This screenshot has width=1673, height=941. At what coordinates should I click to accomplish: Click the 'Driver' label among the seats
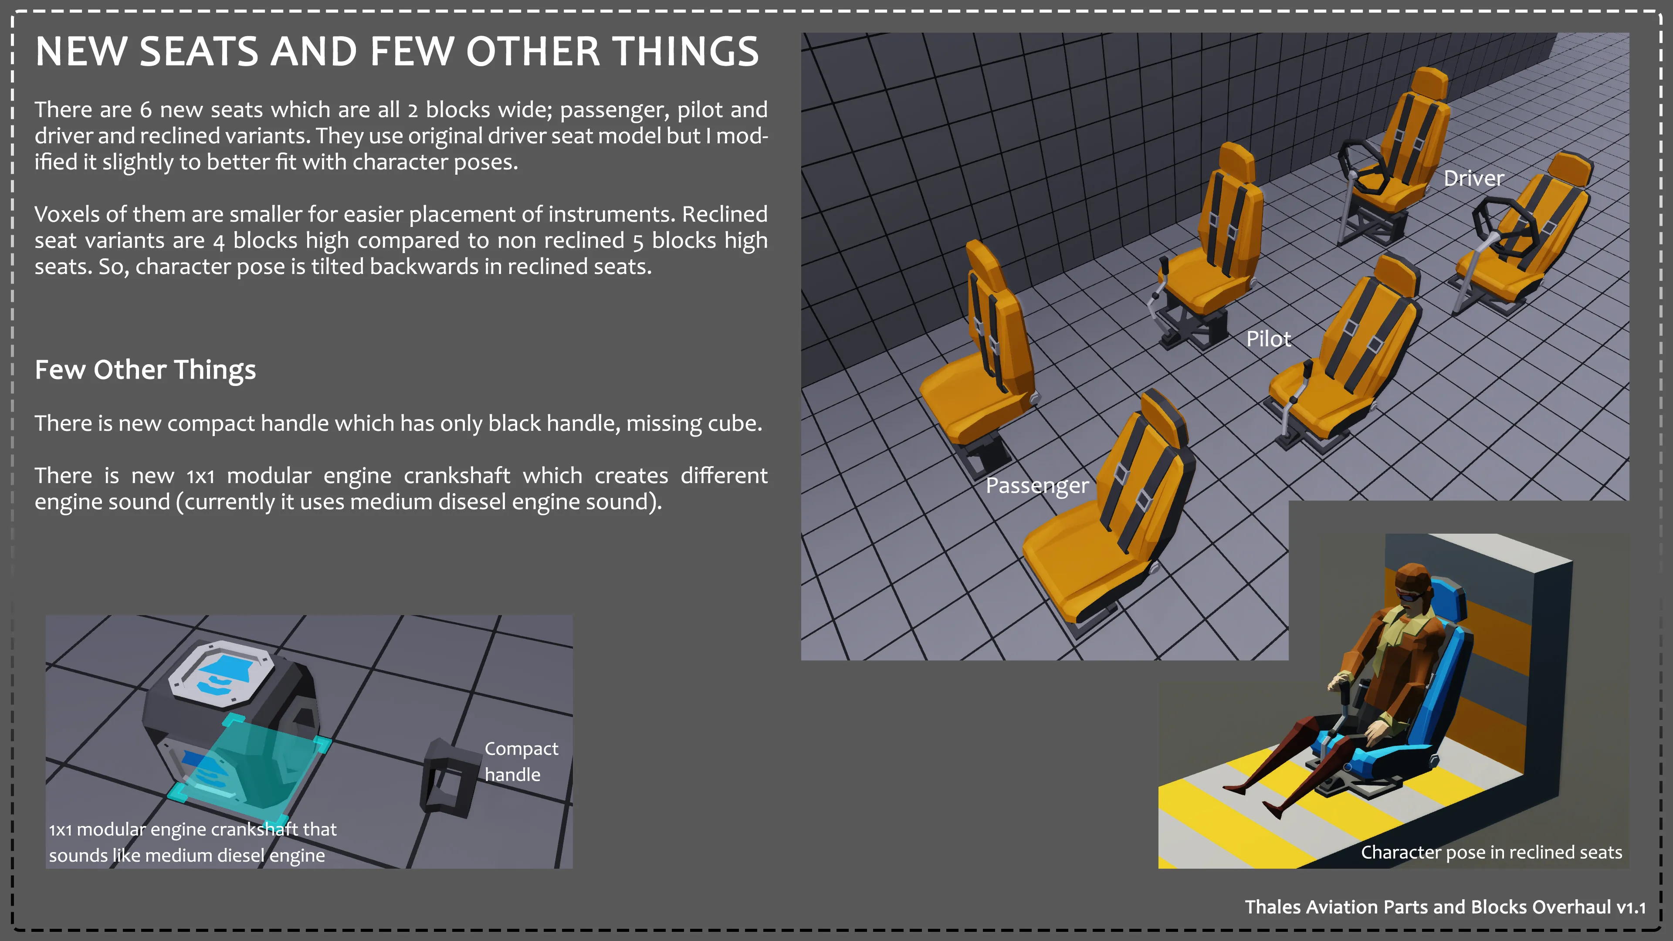(1473, 179)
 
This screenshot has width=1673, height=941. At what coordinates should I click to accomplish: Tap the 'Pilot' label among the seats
(1268, 339)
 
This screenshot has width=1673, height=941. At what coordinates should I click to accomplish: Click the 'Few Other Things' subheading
(146, 370)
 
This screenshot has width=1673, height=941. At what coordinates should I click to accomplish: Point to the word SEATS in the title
(199, 51)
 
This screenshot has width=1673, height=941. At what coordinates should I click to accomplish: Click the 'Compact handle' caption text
(521, 762)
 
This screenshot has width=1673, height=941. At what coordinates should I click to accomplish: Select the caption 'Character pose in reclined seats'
(1491, 853)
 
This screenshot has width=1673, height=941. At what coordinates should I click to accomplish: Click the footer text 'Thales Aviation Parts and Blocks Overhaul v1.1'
(1445, 907)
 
